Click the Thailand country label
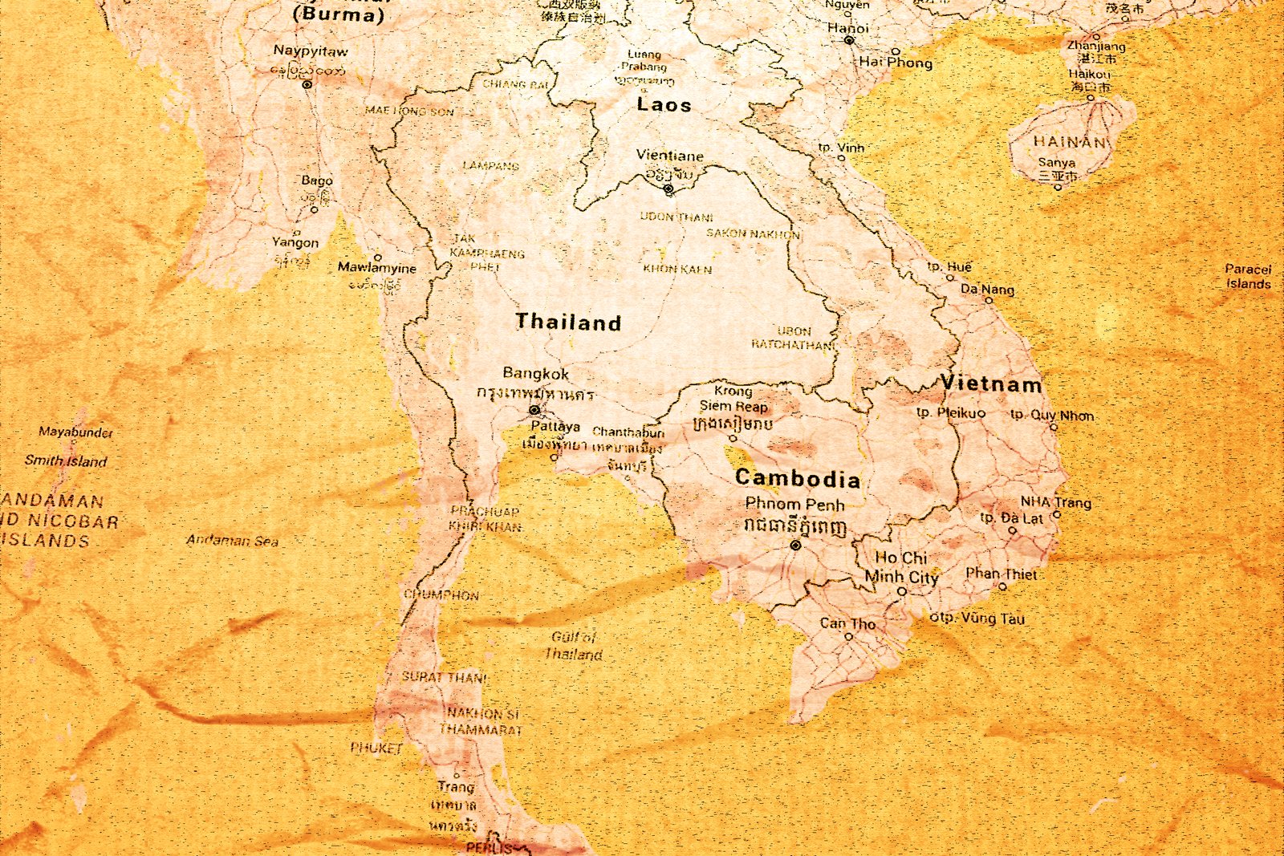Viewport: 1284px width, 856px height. coord(568,323)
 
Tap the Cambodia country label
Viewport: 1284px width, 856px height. coord(798,479)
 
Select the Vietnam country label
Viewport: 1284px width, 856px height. coord(991,383)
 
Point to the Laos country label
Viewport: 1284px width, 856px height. coord(664,104)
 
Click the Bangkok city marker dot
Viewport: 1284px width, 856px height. coord(534,410)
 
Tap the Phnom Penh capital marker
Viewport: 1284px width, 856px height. coord(795,545)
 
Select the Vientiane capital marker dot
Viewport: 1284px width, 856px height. coord(668,189)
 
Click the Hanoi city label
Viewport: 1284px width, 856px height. coord(847,27)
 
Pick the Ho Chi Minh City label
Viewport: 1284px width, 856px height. coord(901,566)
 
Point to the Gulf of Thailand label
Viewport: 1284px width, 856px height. coord(574,646)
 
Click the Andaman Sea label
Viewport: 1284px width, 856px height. coord(232,541)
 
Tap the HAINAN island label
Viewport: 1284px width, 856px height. coord(1068,141)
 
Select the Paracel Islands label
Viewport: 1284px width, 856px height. coord(1248,276)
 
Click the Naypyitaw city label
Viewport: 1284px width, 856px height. coord(311,51)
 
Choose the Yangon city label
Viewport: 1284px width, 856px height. coord(295,242)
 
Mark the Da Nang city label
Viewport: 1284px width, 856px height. coord(987,289)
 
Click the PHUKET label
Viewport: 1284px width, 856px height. coord(376,748)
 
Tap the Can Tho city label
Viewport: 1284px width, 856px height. coord(847,623)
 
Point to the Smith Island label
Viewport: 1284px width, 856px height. coord(65,461)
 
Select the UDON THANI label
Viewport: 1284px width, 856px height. coord(676,217)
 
